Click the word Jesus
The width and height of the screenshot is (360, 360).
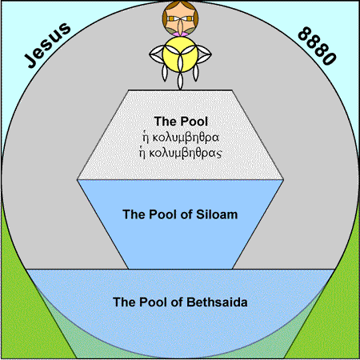47,45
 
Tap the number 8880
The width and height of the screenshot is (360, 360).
317,46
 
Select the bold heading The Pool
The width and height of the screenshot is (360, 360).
181,122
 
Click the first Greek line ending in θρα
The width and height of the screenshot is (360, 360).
181,138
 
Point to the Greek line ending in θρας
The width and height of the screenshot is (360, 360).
180,153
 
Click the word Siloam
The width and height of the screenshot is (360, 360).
217,214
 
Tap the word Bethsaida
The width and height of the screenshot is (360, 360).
217,302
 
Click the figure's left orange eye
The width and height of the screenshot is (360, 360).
171,19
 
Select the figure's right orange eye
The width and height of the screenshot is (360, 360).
189,19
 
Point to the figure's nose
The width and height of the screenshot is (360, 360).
180,26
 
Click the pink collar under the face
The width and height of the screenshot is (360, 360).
180,34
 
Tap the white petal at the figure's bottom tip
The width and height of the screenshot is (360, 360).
180,82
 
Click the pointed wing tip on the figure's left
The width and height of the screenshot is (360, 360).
150,54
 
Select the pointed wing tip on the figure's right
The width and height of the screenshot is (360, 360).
210,54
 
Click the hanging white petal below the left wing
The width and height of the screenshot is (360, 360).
165,73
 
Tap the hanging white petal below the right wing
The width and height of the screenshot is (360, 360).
196,73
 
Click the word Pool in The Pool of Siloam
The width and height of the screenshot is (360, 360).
162,214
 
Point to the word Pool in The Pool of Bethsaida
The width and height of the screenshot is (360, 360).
152,302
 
